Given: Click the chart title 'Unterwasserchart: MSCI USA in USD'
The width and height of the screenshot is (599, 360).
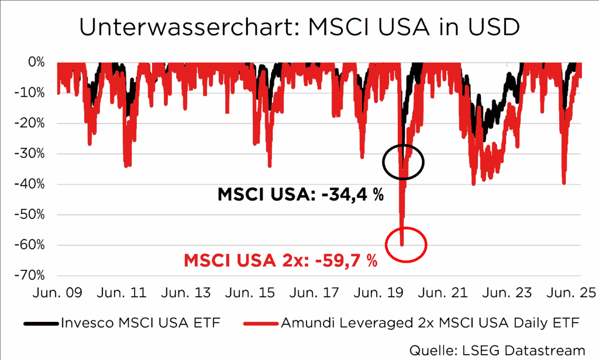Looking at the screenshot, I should point(299,27).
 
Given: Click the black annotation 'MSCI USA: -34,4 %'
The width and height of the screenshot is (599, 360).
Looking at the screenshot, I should point(301,195).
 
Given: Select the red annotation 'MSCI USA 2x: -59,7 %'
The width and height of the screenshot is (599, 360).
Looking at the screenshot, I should point(281,260).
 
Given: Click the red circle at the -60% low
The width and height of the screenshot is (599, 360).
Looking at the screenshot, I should point(405,244).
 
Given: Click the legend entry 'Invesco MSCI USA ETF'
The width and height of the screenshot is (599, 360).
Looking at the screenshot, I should point(140,323).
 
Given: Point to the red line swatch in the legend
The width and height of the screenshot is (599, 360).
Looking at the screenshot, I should point(260,323).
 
